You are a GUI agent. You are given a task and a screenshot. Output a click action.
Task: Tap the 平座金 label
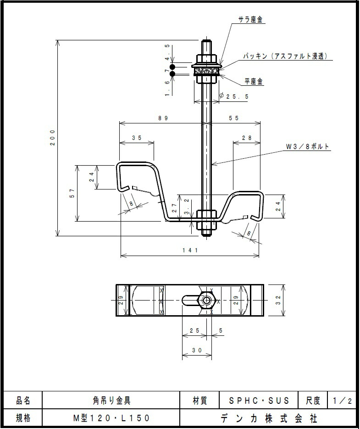click(253, 81)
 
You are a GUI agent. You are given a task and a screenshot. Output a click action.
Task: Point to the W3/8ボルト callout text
click(308, 147)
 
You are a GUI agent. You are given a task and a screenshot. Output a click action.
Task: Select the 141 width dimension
click(189, 250)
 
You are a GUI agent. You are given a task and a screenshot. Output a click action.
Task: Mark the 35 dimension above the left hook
click(137, 138)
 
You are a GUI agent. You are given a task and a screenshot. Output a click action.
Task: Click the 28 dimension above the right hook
click(247, 138)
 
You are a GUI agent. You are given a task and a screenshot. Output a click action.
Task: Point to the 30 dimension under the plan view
click(197, 350)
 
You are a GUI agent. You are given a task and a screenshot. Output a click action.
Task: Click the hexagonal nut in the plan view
click(207, 301)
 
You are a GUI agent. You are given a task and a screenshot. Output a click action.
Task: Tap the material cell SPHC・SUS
click(259, 401)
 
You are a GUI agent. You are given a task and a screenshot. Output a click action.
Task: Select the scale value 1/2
click(343, 401)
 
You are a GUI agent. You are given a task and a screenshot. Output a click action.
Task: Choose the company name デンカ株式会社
click(269, 418)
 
